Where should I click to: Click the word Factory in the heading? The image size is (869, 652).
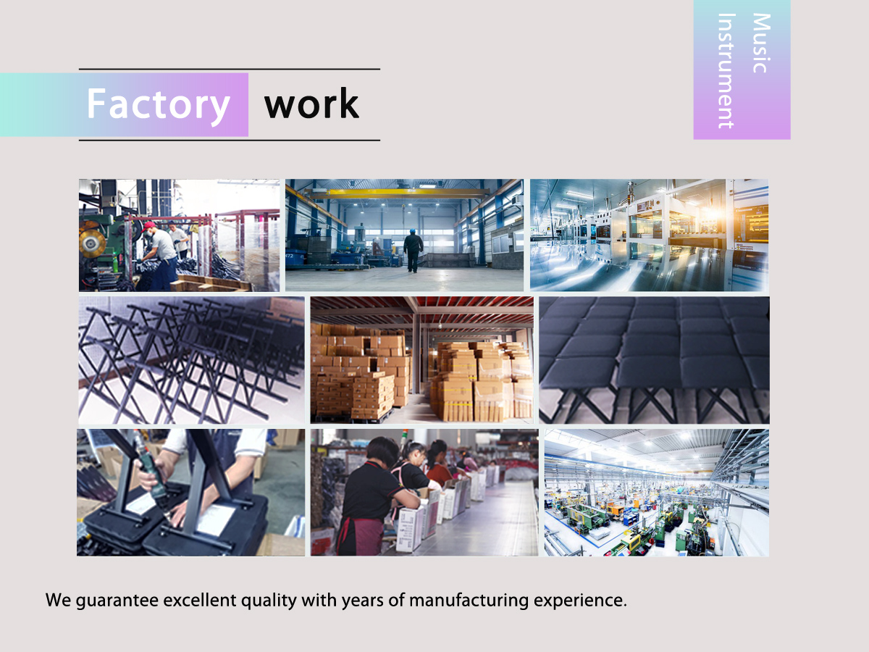[159, 104]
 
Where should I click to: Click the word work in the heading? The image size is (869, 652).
[311, 104]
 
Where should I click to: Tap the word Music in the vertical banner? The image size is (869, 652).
[761, 43]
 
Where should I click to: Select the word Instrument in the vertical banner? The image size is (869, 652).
[726, 71]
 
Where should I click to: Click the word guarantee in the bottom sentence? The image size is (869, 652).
[117, 601]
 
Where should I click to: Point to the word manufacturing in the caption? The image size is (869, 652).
[469, 601]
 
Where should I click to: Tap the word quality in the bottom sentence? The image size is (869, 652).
[269, 601]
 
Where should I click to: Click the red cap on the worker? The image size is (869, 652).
[148, 226]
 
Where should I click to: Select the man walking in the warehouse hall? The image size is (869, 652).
[413, 251]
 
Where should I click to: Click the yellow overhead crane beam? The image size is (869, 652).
[400, 193]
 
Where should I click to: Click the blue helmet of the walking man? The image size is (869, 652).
[413, 231]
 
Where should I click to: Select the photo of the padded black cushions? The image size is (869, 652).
[654, 360]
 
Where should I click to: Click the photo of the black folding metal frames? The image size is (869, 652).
[192, 360]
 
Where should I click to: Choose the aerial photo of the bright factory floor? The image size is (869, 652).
[656, 493]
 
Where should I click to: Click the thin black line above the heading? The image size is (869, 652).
[230, 69]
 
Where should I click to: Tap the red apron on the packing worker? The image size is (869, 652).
[358, 535]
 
